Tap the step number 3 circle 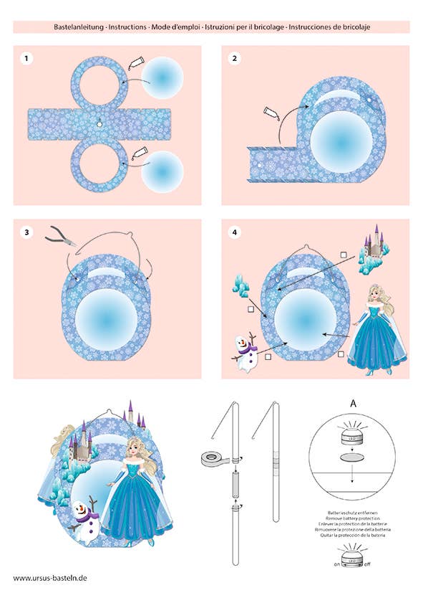[26, 232]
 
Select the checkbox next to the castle [344, 255]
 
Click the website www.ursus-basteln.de [49, 577]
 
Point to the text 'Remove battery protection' [352, 519]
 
